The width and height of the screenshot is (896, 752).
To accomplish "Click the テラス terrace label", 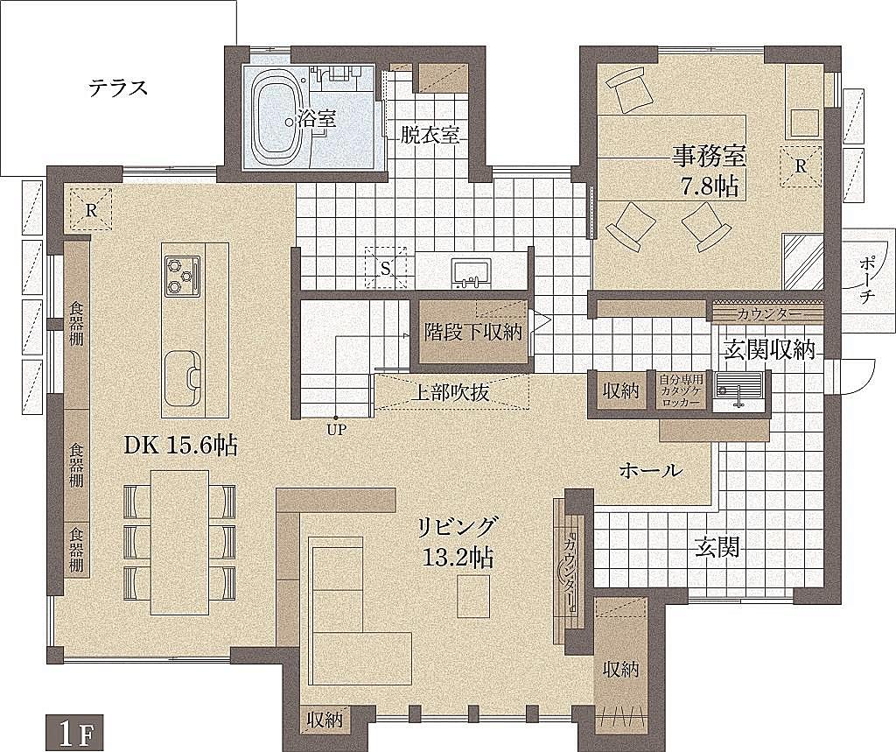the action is point(118,88).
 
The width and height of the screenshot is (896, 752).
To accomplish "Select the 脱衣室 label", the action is point(430,135).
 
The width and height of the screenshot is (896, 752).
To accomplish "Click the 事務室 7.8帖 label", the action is point(710,171).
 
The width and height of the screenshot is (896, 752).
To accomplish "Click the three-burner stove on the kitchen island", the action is point(184,276).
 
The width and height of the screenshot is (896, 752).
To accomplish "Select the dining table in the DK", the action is point(180,542).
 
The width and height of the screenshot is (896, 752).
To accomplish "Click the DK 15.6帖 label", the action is point(181,446).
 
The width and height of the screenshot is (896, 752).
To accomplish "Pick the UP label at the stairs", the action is point(337,430).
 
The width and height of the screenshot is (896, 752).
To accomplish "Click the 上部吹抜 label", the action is point(451,393).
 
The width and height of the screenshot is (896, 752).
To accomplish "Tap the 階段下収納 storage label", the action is point(473,332).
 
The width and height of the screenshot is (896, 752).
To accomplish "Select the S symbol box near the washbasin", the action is point(386,267).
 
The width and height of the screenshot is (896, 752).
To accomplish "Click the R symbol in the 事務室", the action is point(801,165).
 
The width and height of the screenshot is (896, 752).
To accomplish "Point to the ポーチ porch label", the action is point(867,280).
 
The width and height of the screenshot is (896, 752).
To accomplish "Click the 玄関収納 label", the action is point(769,349).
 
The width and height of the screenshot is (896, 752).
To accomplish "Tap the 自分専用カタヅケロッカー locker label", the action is point(680,390).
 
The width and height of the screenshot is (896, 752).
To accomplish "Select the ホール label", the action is point(650,471).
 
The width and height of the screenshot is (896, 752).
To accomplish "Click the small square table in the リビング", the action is point(473,596).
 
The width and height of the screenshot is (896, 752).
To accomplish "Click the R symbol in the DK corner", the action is point(90,210).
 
